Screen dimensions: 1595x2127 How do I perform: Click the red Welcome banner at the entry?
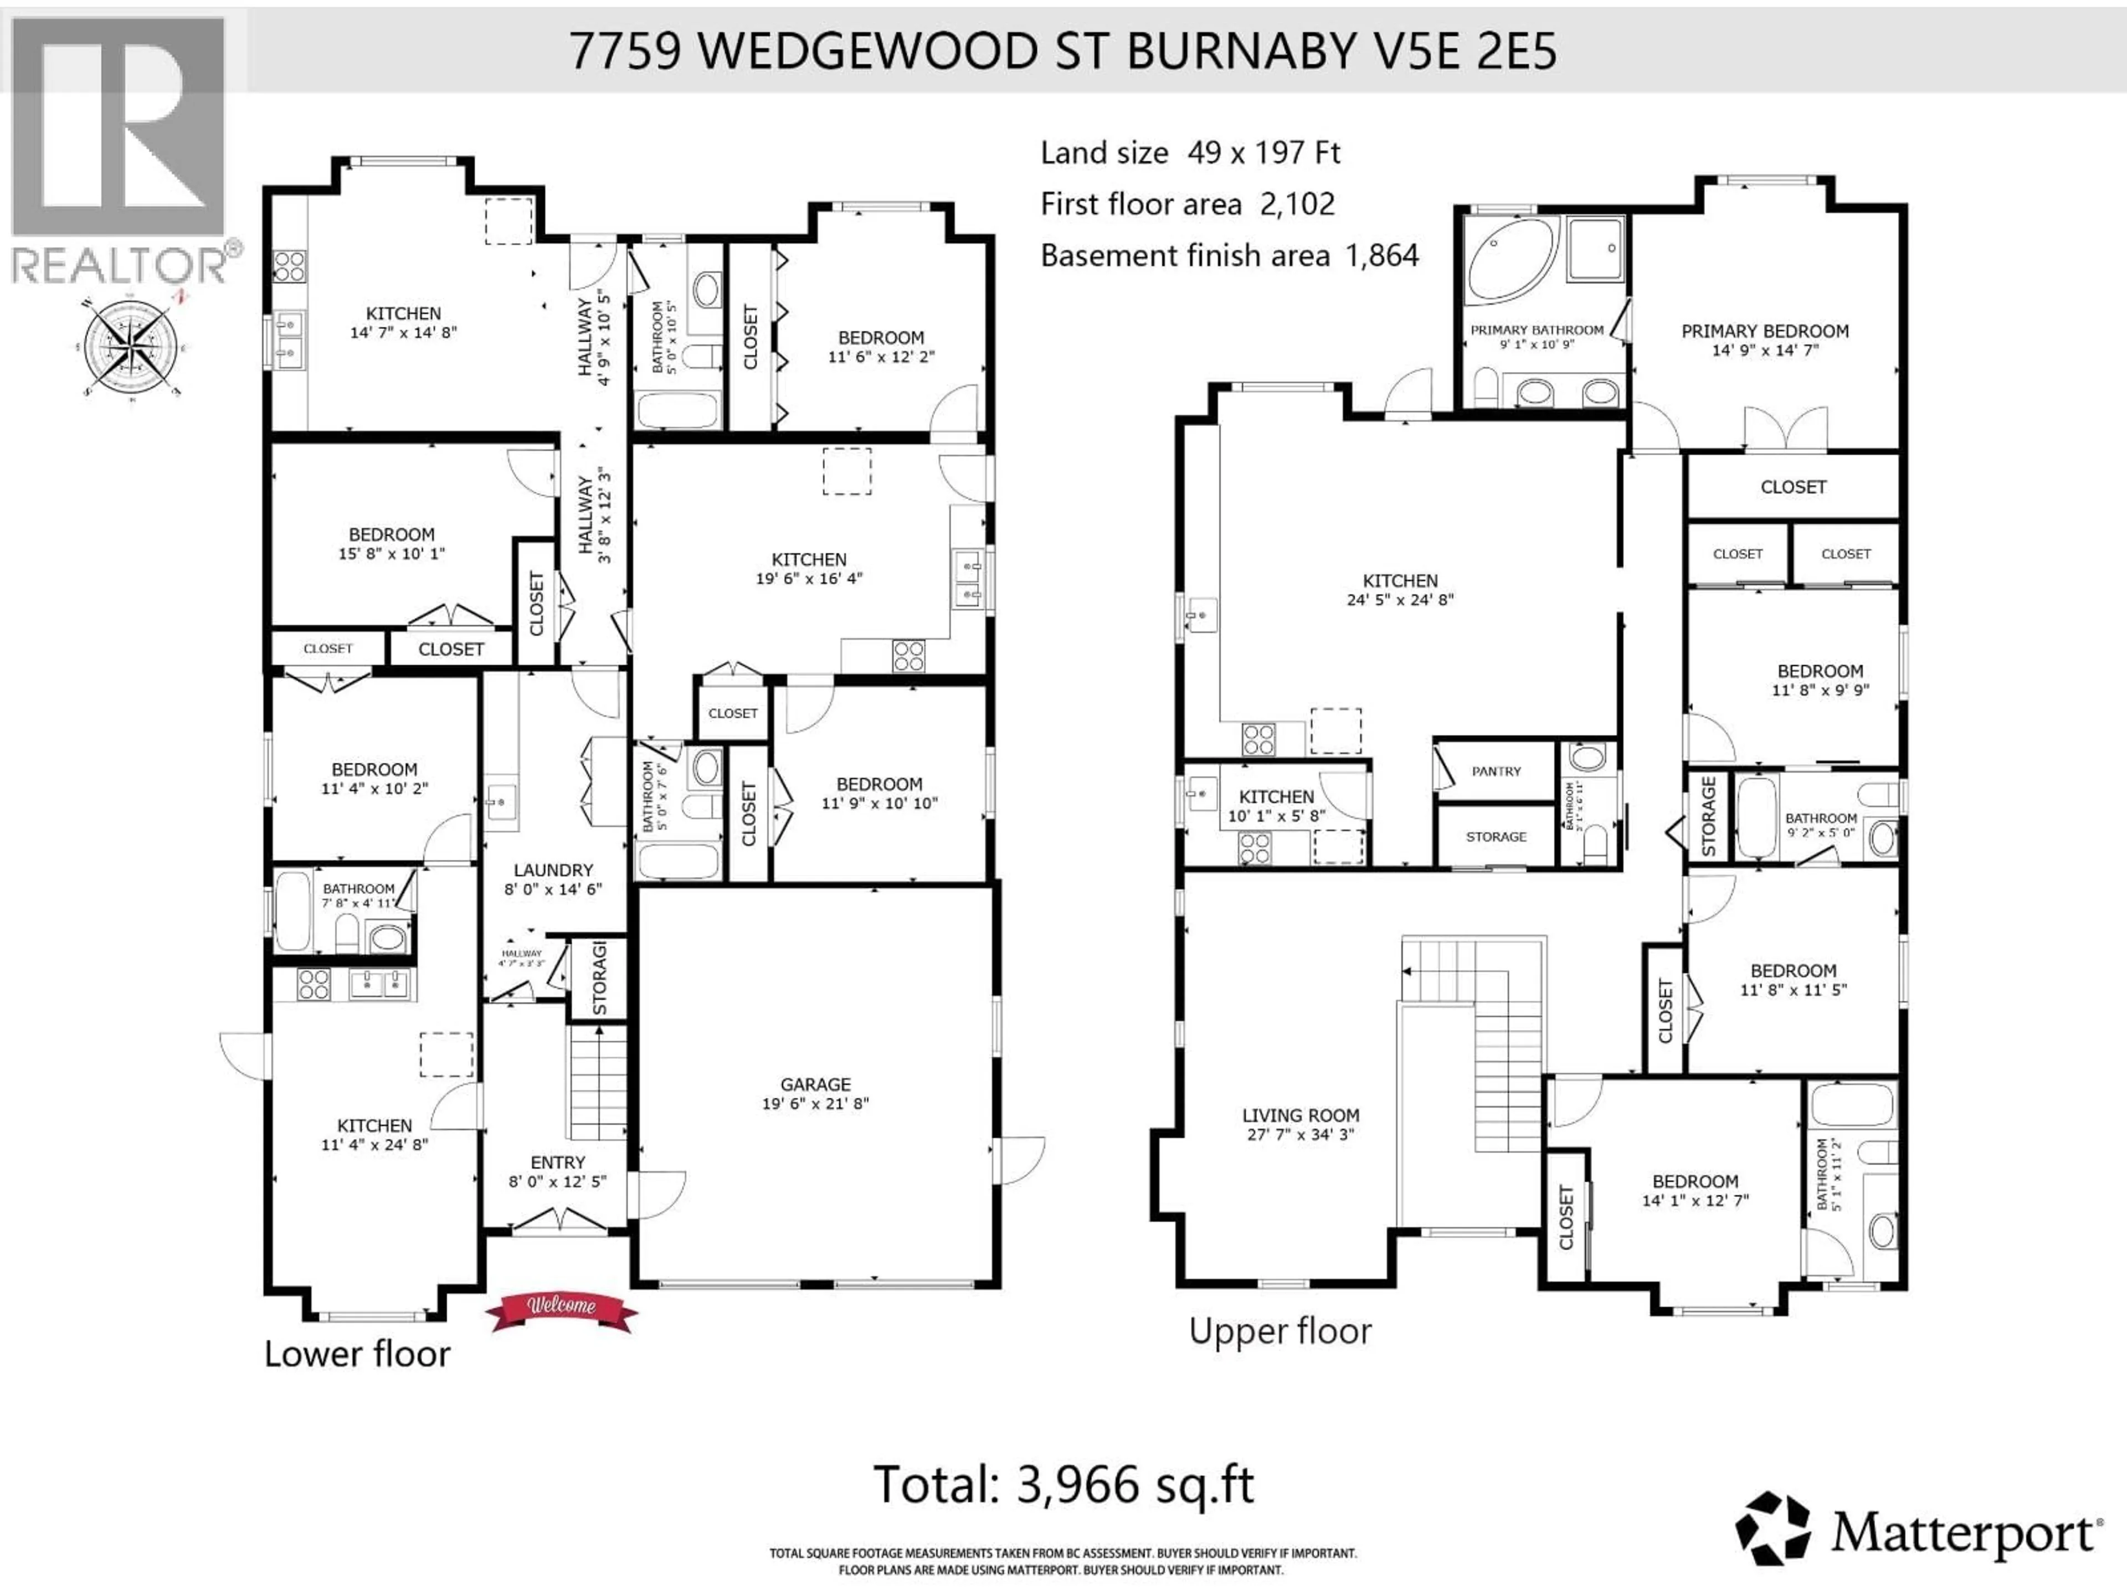(562, 1308)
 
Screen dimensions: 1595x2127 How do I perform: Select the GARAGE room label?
(815, 1083)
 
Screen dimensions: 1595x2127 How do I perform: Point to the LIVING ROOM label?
(1300, 1115)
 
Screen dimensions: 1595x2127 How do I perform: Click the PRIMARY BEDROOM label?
(1765, 331)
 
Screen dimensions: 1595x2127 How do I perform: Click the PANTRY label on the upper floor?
(1496, 771)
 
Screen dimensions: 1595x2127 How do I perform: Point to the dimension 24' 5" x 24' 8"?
(1400, 599)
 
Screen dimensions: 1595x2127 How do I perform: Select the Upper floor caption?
(1280, 1331)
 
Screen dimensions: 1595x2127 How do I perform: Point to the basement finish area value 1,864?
(1382, 256)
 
